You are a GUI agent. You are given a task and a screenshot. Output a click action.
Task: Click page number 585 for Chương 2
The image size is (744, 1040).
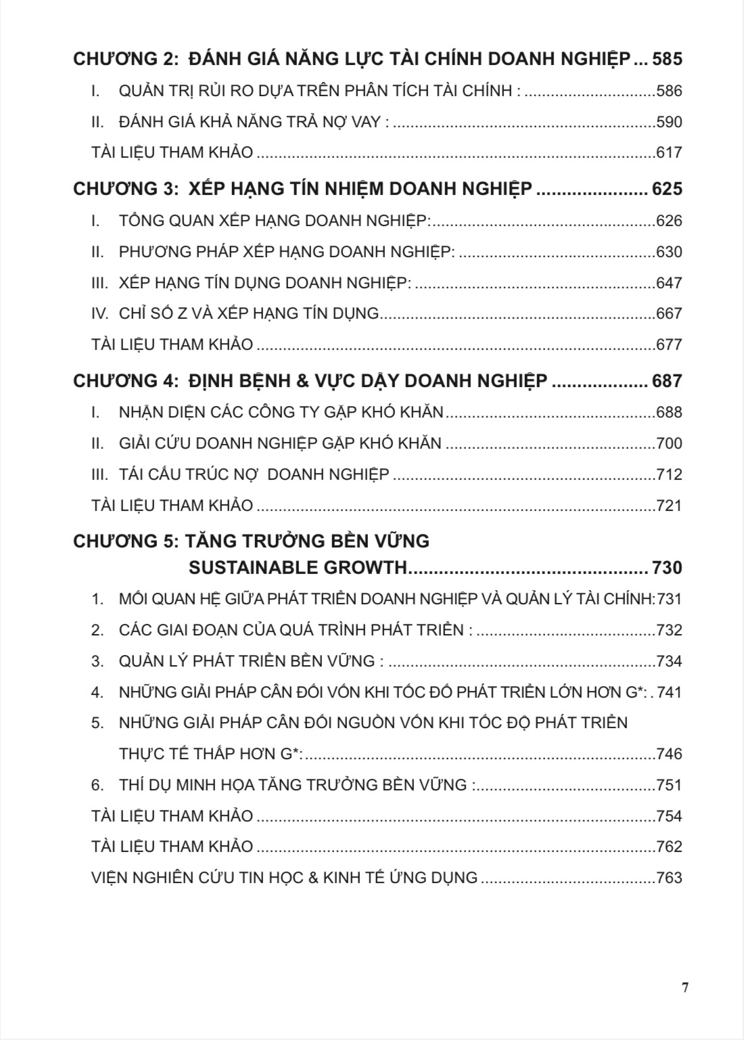667,59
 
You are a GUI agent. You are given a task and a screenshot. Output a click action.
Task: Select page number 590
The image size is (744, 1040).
669,122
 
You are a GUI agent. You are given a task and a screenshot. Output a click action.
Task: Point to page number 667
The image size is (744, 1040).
669,313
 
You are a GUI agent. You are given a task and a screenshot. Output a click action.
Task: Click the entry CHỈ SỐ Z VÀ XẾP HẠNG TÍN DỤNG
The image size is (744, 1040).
248,313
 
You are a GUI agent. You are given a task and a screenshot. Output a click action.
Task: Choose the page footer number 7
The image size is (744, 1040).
685,987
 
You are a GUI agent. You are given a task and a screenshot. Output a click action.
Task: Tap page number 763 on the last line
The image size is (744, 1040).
669,878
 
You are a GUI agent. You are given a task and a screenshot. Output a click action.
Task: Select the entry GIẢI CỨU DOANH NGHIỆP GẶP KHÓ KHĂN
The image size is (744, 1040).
279,443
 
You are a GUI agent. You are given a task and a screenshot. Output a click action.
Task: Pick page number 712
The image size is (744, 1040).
669,474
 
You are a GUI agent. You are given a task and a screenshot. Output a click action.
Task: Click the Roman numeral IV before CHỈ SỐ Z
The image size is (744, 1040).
99,313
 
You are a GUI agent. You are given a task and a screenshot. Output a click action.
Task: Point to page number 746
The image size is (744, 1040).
669,754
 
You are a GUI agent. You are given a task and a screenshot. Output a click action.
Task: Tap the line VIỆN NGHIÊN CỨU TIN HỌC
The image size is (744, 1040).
284,878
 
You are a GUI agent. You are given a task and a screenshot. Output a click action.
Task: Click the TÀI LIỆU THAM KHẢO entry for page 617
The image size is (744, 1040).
172,153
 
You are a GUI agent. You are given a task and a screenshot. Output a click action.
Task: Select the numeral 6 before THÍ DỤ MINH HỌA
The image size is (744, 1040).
97,785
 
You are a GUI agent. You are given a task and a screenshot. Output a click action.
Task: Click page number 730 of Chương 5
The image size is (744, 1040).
667,567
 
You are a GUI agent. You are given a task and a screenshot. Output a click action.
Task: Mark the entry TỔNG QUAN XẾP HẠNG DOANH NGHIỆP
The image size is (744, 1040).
273,221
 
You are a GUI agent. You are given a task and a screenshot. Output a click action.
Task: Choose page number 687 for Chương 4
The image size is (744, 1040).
667,381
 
